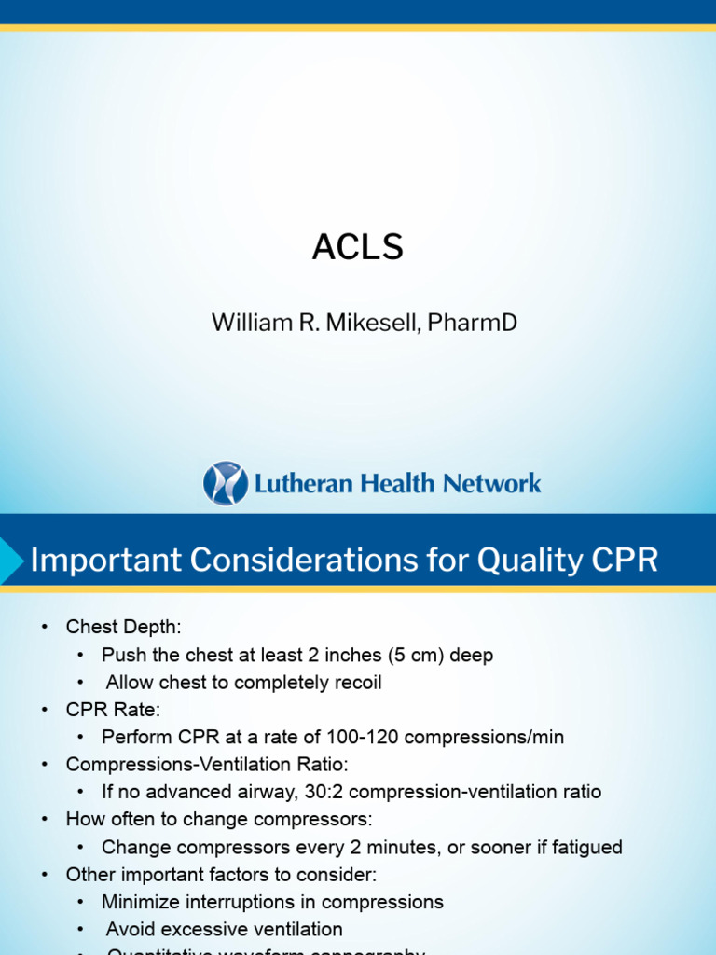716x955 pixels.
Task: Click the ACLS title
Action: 358,247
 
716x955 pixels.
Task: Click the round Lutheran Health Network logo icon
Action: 226,483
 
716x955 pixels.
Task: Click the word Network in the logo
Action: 493,483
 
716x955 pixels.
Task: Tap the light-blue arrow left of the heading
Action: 12,561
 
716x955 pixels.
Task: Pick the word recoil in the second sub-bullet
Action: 355,682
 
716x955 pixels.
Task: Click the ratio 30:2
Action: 307,792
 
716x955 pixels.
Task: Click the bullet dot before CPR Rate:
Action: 45,710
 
